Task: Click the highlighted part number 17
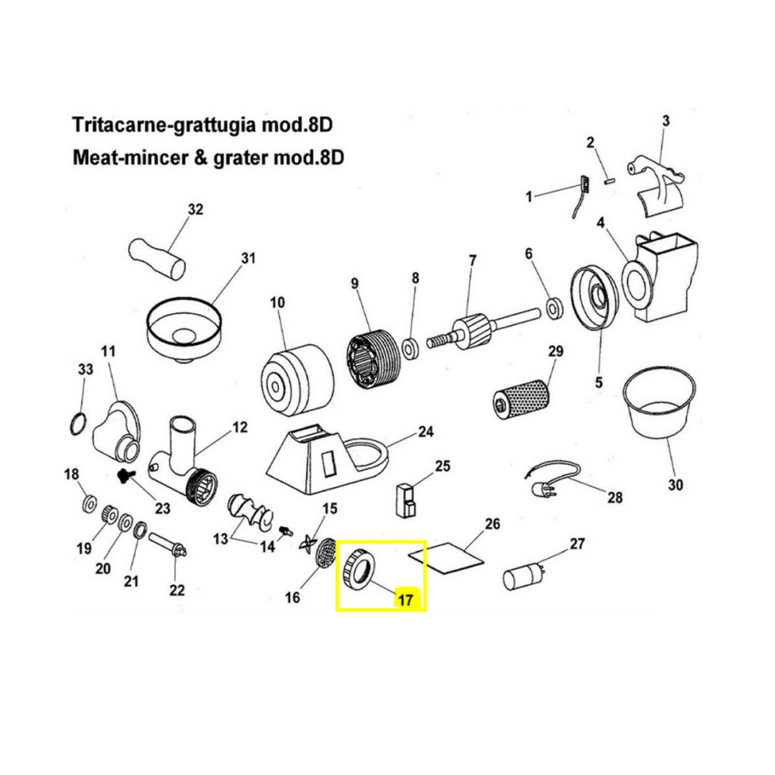coord(405,600)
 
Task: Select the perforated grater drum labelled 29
coord(522,399)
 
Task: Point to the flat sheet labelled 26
coord(446,557)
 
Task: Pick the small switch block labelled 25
coord(406,501)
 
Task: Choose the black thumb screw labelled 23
coord(126,476)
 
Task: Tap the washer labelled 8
coord(410,349)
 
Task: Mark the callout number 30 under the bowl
coord(675,484)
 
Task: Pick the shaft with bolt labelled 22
coord(167,545)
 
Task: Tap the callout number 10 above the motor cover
coord(277,302)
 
